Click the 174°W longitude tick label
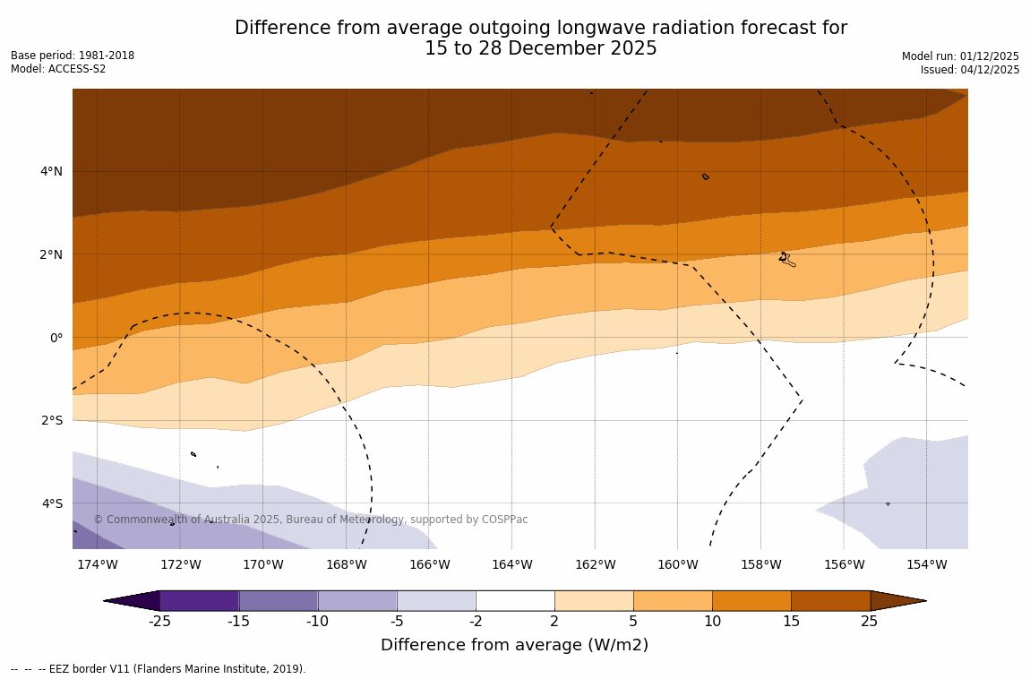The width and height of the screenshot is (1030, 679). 97,564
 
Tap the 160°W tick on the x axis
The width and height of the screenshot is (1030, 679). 677,564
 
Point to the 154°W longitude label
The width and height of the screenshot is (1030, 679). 926,564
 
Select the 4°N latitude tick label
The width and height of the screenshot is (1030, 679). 51,171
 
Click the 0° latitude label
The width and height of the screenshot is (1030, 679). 56,338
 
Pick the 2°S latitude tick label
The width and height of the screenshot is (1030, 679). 51,420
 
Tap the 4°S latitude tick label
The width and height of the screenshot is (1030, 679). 51,503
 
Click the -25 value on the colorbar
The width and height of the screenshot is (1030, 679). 159,621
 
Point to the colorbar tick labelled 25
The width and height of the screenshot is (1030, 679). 870,621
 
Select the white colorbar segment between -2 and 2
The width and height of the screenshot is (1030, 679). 515,600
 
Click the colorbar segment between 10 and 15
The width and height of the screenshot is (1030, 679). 751,600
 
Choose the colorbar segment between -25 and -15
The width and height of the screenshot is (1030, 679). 199,600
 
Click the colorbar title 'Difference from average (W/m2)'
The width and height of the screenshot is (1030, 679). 514,645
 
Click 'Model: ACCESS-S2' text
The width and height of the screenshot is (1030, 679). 58,69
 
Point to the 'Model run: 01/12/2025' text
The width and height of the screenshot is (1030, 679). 960,56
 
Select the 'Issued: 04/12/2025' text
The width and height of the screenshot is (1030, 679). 970,70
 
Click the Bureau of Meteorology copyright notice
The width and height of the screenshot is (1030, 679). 311,520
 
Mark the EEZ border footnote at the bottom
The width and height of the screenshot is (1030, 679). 159,669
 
